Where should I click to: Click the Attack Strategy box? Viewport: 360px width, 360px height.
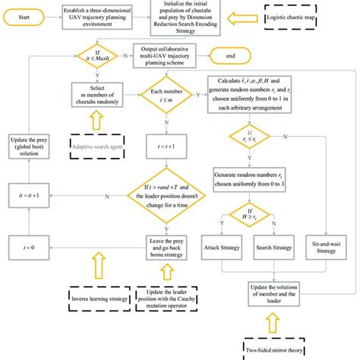click(221, 248)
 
